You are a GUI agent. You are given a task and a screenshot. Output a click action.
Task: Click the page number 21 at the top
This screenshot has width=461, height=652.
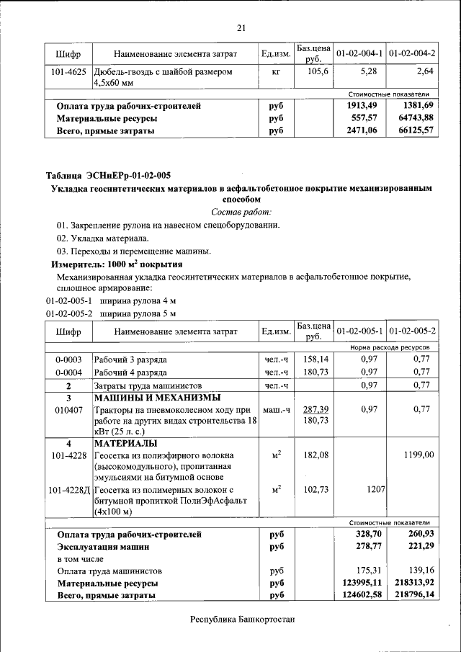(241, 28)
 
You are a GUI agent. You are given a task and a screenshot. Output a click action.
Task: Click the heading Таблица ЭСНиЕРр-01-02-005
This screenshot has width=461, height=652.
(109, 175)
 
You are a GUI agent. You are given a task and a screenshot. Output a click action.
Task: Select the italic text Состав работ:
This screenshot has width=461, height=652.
(241, 212)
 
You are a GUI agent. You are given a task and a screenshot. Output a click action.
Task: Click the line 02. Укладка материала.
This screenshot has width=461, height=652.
(103, 238)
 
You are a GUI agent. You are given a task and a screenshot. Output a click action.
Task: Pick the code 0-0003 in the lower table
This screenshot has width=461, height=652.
(68, 359)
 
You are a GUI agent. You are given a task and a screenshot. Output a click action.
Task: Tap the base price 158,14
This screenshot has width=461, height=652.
(316, 358)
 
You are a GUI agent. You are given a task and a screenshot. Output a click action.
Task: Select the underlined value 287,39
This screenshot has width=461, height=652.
(316, 408)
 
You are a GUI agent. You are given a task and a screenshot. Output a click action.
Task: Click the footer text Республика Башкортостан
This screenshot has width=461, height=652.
(242, 620)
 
